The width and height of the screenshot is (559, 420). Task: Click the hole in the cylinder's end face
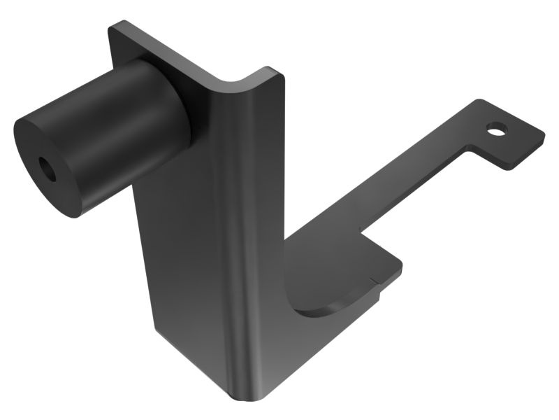click(48, 169)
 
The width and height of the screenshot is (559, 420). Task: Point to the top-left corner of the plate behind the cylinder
click(112, 27)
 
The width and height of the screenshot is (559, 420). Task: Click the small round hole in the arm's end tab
click(497, 129)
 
